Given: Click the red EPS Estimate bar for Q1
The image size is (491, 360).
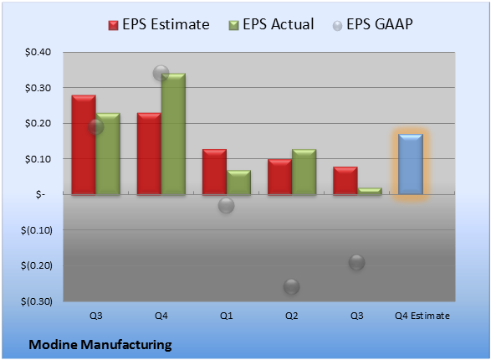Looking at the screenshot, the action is [214, 172].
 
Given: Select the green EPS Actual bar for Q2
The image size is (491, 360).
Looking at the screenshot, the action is [304, 172].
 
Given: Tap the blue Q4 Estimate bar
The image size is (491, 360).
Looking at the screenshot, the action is [411, 164].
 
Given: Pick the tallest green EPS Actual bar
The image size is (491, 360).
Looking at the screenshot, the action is [173, 134].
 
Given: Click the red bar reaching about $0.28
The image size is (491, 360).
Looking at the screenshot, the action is [84, 145].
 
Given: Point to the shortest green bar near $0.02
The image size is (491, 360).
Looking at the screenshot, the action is [370, 191].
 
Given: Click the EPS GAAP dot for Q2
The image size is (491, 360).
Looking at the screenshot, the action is [292, 286].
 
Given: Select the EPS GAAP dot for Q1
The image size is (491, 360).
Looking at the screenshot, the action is [226, 206].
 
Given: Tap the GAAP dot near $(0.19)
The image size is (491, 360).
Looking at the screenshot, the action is [356, 262].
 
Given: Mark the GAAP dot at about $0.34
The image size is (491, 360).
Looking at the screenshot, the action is [161, 74].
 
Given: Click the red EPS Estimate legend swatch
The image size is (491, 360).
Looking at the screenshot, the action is [114, 25].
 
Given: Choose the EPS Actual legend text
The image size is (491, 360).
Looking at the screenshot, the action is [279, 24].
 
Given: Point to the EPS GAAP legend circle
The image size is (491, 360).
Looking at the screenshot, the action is [337, 26].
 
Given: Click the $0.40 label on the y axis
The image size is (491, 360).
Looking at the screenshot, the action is [38, 52].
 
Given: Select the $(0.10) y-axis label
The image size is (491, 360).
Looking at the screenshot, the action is [37, 230].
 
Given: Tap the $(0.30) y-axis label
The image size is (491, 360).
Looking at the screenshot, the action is [37, 301].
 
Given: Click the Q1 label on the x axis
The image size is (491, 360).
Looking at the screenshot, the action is [226, 316].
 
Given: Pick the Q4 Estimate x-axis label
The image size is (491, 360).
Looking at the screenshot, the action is [422, 316].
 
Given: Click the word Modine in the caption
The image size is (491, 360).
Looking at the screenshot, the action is [53, 345].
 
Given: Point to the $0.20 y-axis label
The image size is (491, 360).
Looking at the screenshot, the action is [38, 123].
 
